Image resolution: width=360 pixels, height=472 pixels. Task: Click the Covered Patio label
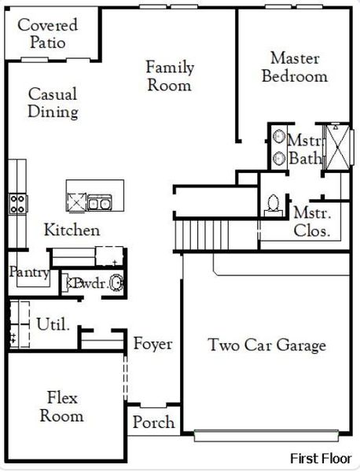pos(47,34)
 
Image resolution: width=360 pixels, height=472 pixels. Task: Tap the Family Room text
pos(169,76)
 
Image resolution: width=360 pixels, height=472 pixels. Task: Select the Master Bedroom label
pos(294,67)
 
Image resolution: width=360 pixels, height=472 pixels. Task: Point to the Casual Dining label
pos(53,103)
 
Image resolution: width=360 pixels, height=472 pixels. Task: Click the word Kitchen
pos(72,230)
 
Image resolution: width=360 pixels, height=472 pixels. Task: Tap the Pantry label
pos(29,273)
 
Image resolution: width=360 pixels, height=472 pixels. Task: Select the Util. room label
pos(53,323)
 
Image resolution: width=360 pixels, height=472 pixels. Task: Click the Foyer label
pos(152,344)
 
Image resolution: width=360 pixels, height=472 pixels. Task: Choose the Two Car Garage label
pos(266,345)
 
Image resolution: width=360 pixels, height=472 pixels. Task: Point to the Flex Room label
pos(61,407)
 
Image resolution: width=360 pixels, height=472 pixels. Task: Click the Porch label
pos(153,422)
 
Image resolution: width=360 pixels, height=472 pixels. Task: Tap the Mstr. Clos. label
pos(312,222)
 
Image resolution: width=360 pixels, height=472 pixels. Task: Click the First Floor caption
pos(321,458)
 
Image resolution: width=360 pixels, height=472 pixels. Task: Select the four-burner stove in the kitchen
pos(17,204)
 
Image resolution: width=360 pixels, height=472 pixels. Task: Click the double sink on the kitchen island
pos(98,204)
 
